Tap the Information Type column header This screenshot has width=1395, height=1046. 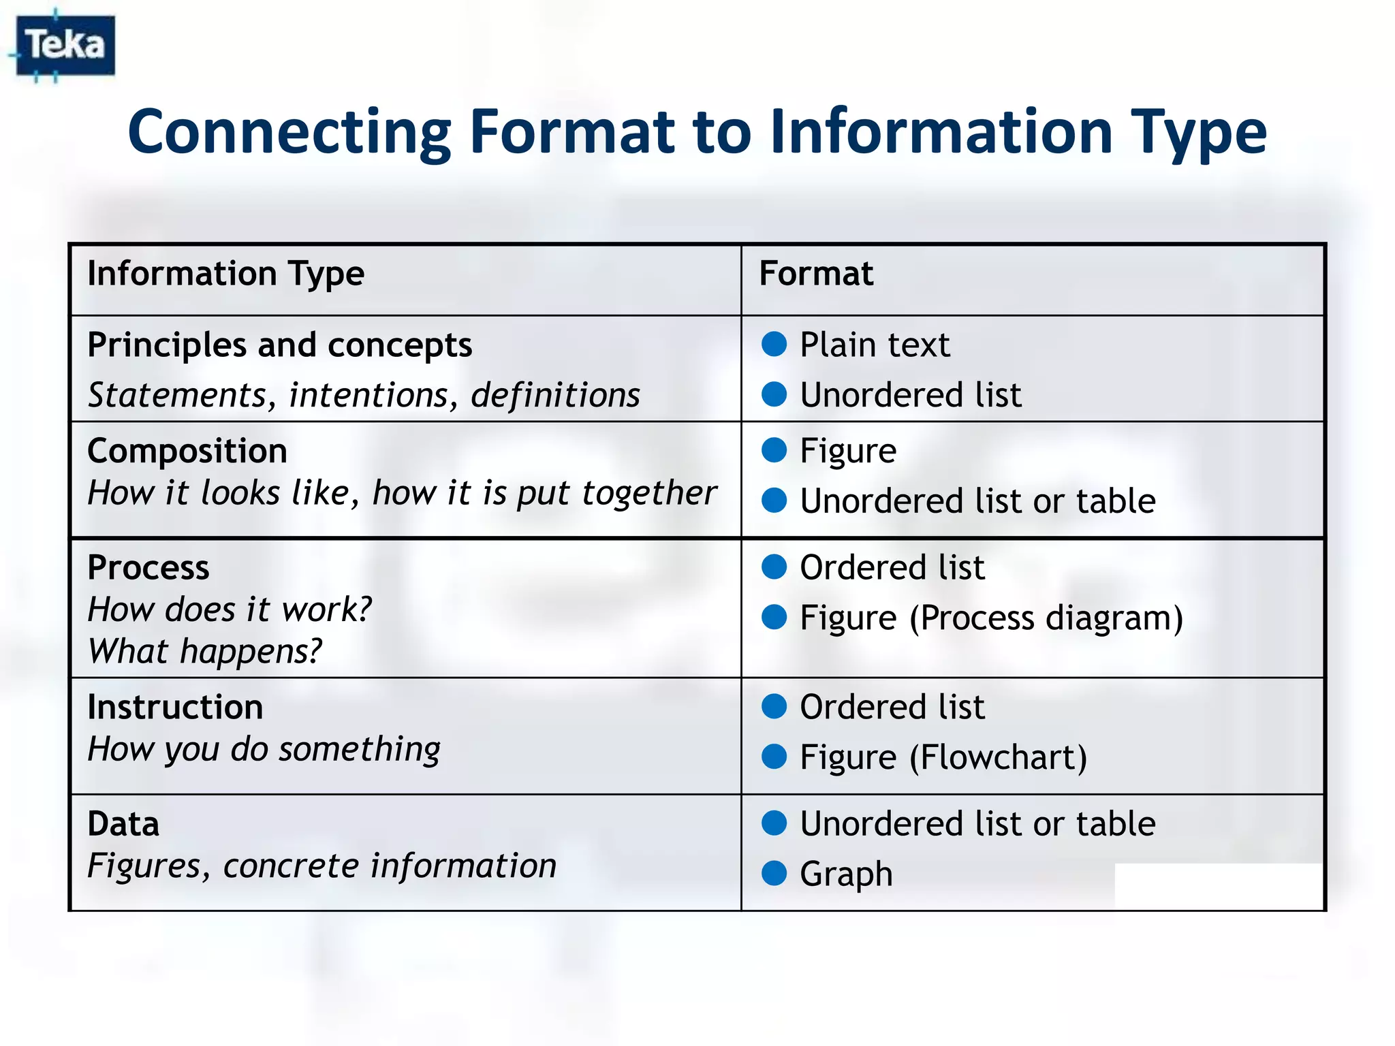click(x=226, y=274)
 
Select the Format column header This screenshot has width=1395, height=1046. click(x=816, y=274)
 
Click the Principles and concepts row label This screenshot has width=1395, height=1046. click(x=280, y=345)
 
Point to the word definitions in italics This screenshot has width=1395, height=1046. click(x=555, y=395)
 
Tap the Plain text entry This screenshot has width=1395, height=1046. click(x=875, y=345)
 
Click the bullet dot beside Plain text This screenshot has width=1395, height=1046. click(x=774, y=344)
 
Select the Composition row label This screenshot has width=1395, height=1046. click(x=187, y=451)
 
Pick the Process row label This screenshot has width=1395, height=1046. click(x=148, y=567)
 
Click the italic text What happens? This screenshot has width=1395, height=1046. click(x=204, y=651)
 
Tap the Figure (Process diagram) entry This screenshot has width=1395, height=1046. click(x=991, y=618)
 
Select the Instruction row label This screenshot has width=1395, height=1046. click(x=175, y=707)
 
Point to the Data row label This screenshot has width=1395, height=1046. click(x=123, y=824)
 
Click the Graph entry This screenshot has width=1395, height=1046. click(x=846, y=874)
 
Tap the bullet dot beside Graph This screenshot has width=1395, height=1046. click(x=774, y=873)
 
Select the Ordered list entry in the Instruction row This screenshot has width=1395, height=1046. click(x=892, y=707)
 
